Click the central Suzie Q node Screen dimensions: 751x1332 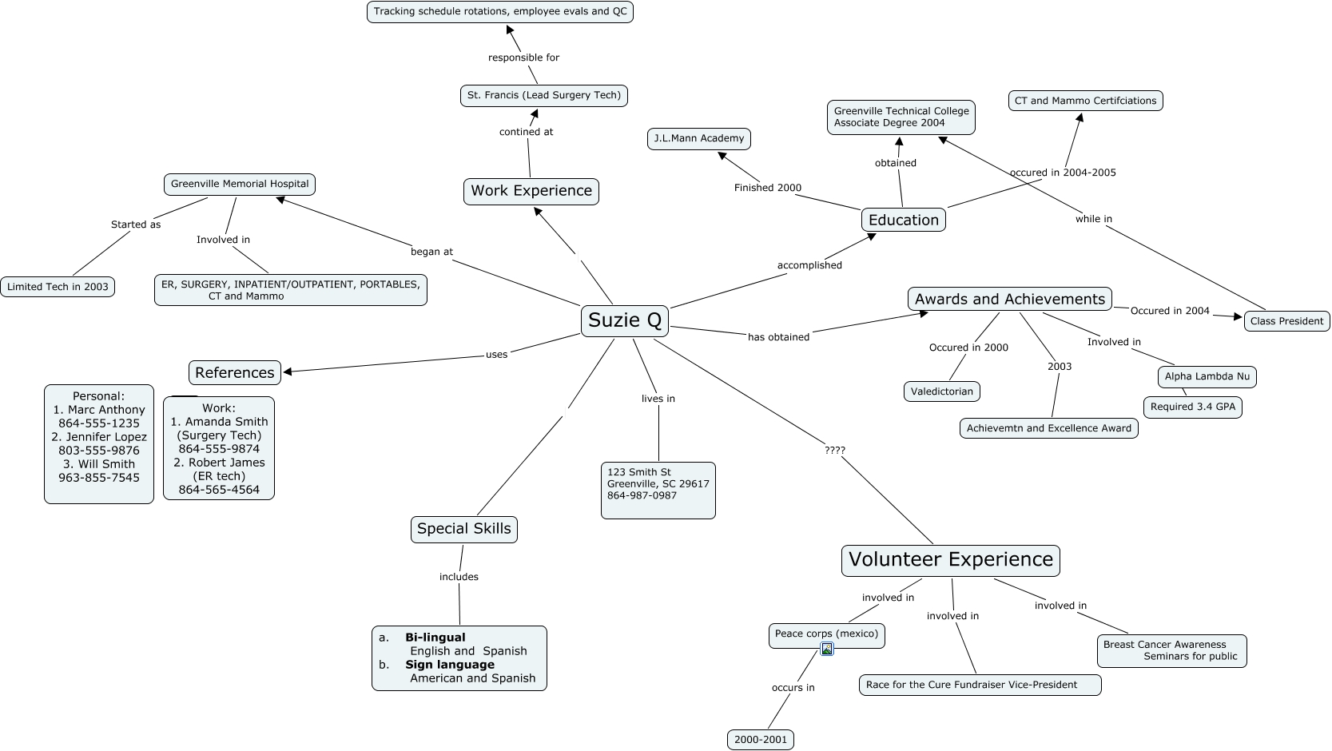625,320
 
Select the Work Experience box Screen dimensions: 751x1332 531,191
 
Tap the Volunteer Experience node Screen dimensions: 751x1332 950,560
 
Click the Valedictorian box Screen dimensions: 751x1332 942,391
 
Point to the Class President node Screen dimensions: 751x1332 1286,321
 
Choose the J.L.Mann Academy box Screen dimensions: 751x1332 698,138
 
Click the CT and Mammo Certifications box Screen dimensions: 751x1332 1085,101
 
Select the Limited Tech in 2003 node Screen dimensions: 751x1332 58,287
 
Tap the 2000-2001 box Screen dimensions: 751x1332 761,740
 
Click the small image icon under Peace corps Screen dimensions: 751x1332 827,649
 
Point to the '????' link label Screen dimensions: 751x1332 834,450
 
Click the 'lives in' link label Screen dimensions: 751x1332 658,399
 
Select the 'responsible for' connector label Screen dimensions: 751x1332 523,58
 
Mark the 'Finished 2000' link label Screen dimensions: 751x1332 767,188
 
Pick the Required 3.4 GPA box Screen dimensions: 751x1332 1192,407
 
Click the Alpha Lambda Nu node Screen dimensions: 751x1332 1207,376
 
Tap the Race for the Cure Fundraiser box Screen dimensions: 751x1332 980,685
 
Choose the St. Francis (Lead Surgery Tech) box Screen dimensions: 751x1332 543,95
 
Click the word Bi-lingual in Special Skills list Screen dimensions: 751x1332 435,638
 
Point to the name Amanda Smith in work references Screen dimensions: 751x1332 226,422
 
